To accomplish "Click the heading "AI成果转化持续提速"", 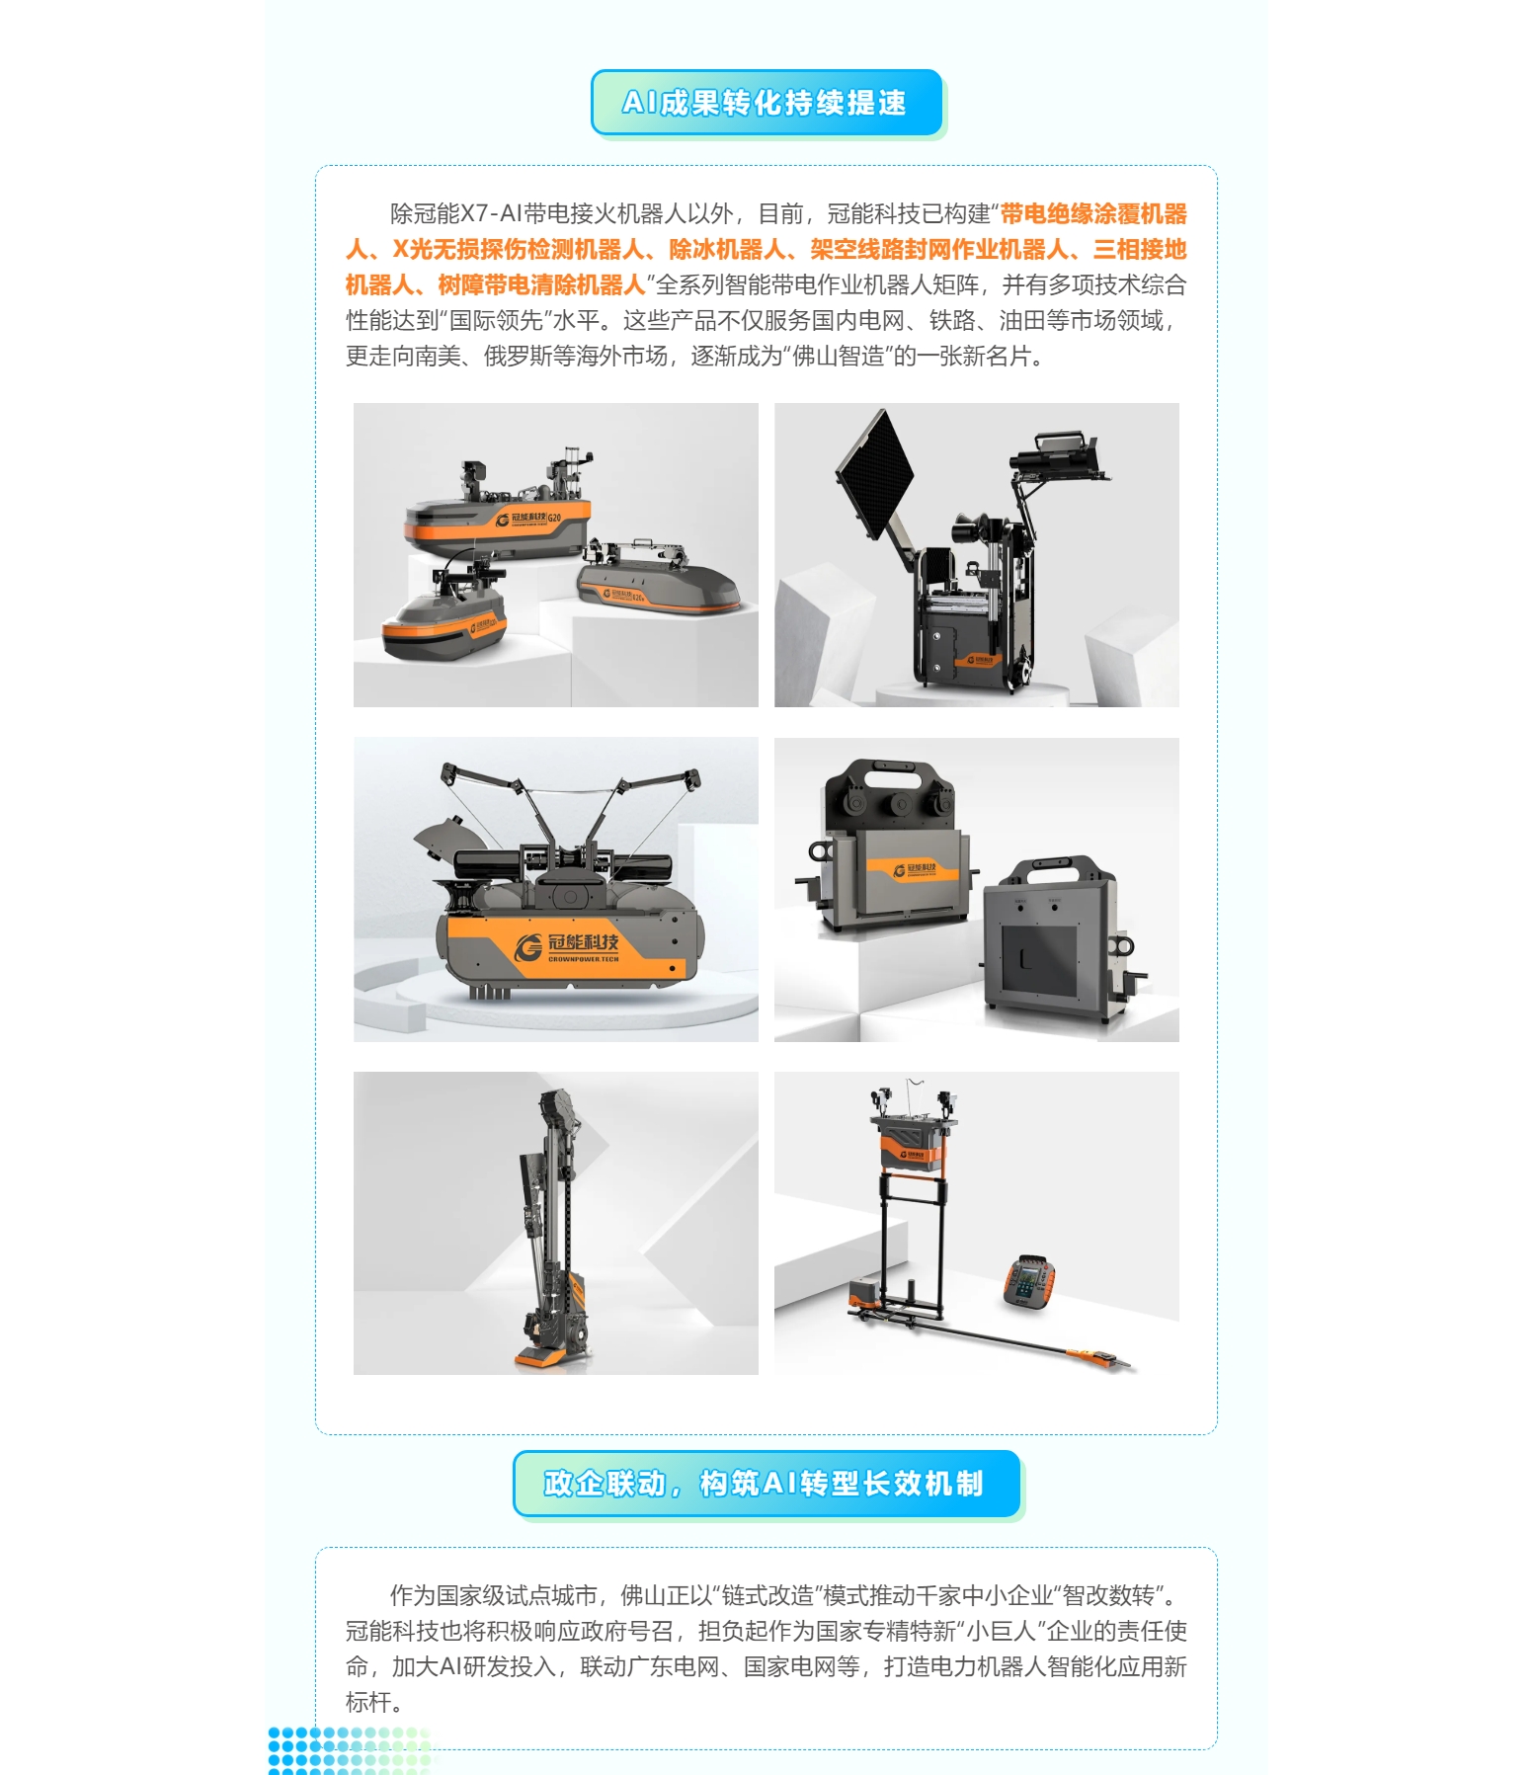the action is tap(764, 103).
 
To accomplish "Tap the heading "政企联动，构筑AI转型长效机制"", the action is tap(764, 1484).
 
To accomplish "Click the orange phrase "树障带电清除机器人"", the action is tap(541, 285).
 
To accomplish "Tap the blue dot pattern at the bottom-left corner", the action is tap(351, 1750).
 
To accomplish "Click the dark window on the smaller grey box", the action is tap(1039, 961).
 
